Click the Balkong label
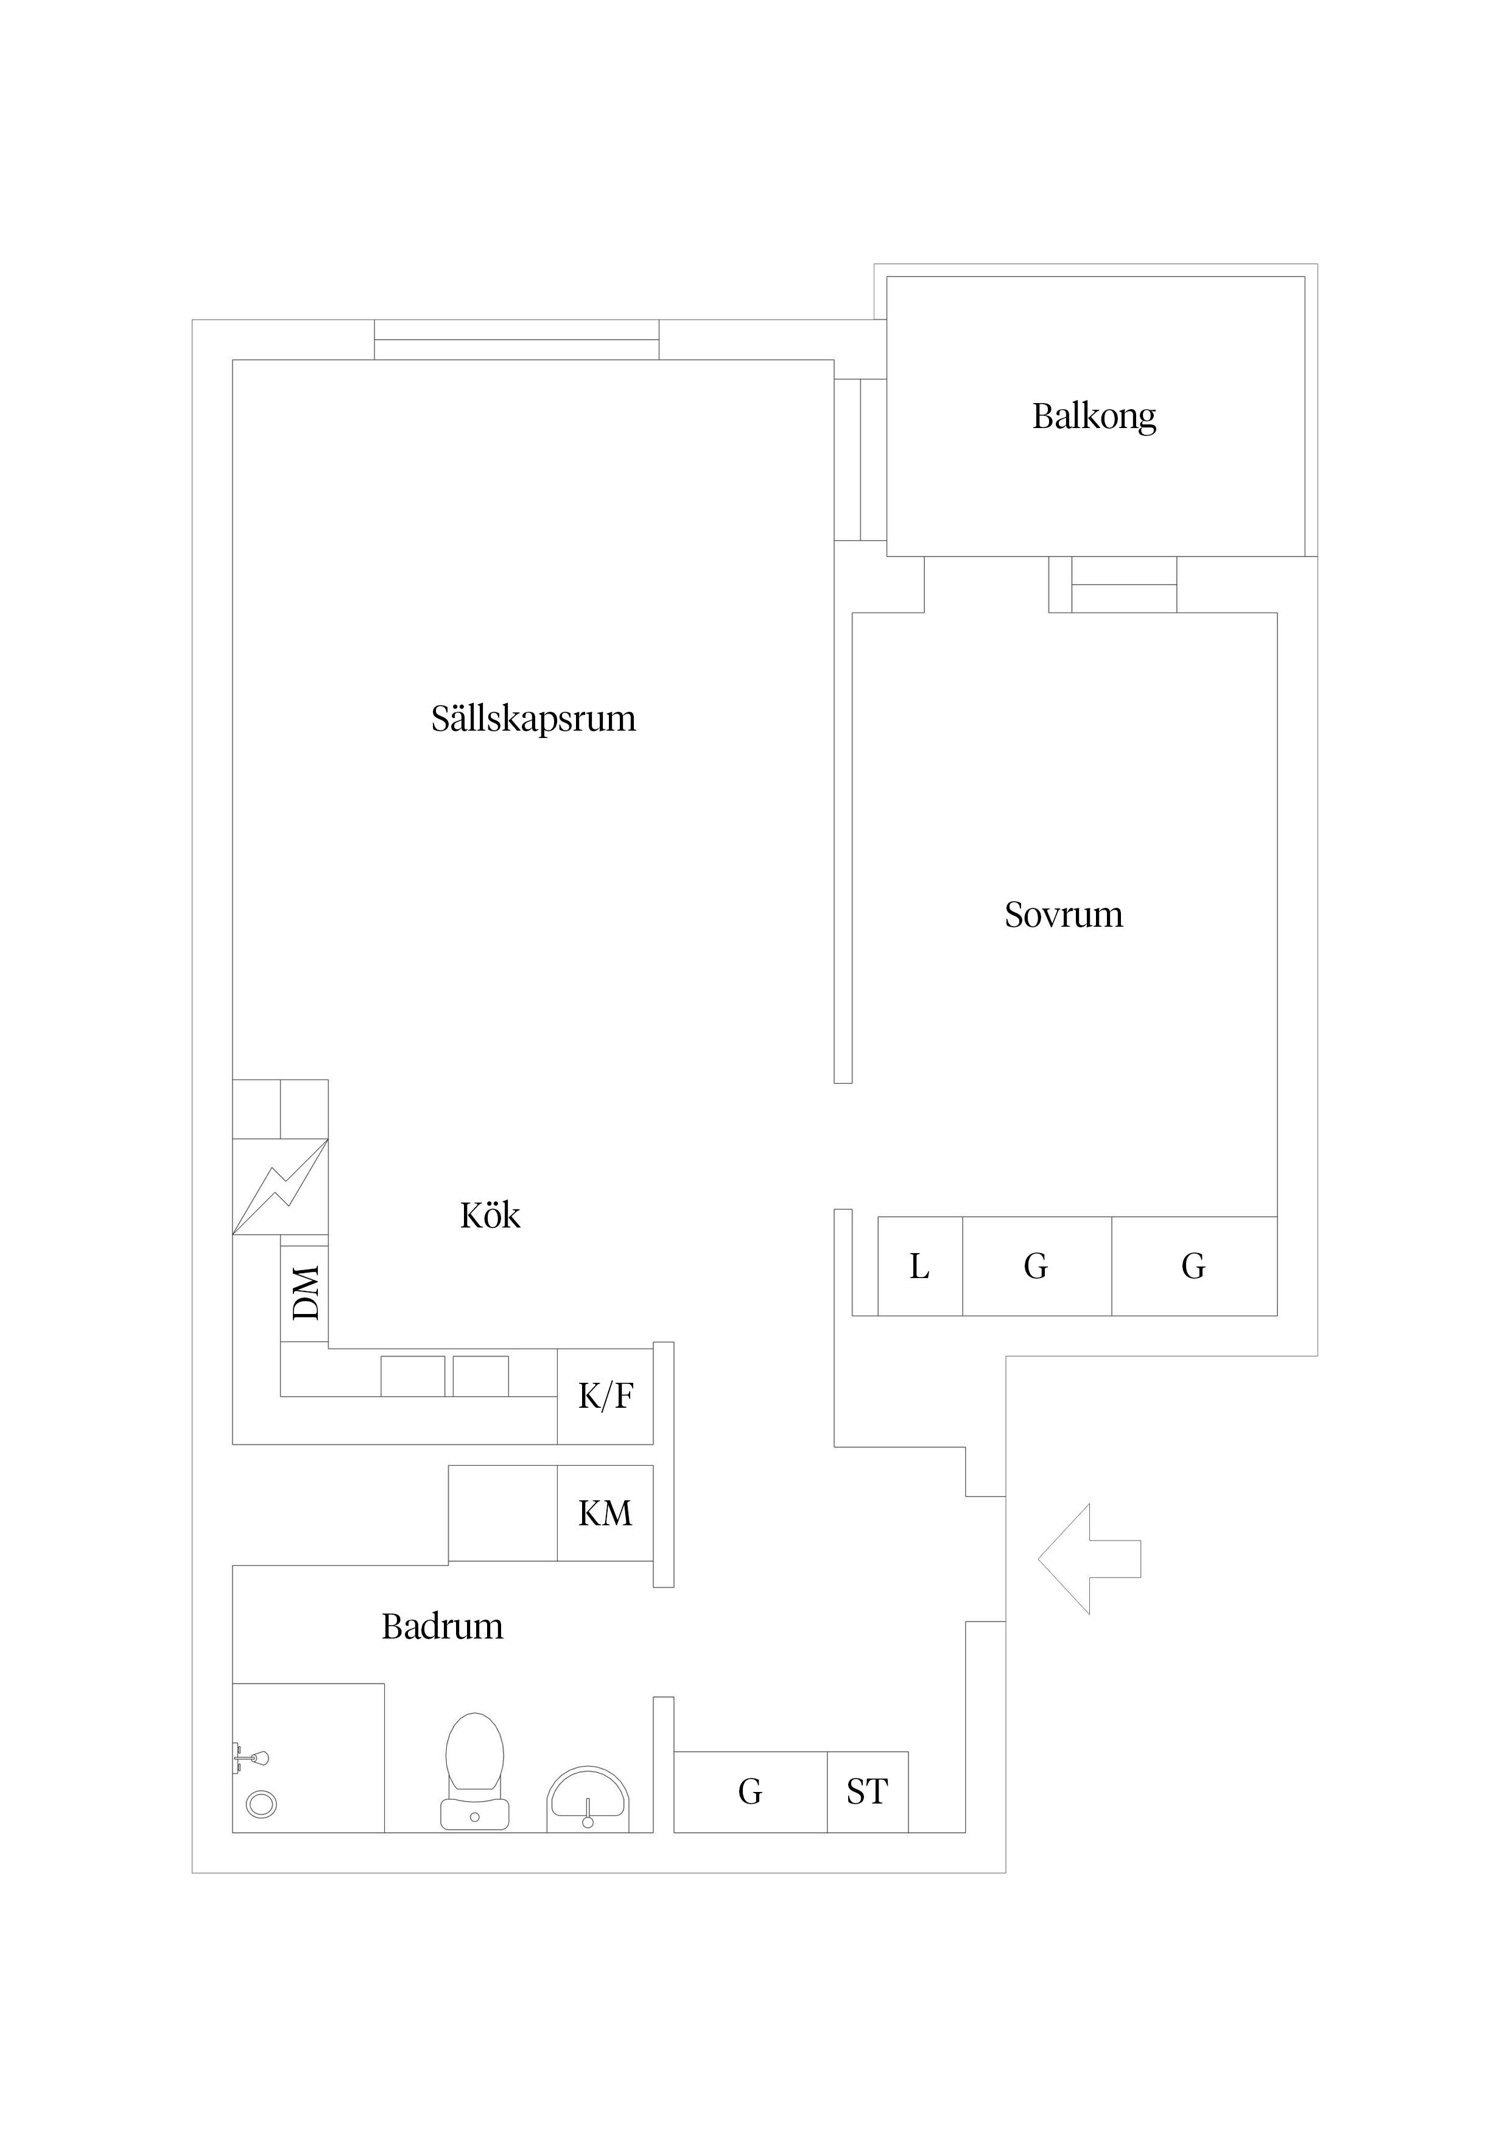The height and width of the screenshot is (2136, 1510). (x=1094, y=416)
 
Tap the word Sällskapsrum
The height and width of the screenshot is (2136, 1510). (x=533, y=718)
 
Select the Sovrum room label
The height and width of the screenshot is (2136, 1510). (x=1064, y=915)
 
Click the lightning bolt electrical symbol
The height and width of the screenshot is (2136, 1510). (x=280, y=1187)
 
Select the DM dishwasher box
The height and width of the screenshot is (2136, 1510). (x=304, y=1292)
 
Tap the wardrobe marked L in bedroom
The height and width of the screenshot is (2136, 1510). (x=919, y=1266)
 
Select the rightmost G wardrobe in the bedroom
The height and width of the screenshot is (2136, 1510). (x=1193, y=1266)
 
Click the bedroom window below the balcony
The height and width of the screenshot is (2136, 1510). (x=1124, y=585)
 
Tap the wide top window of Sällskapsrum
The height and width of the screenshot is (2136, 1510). (x=516, y=340)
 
